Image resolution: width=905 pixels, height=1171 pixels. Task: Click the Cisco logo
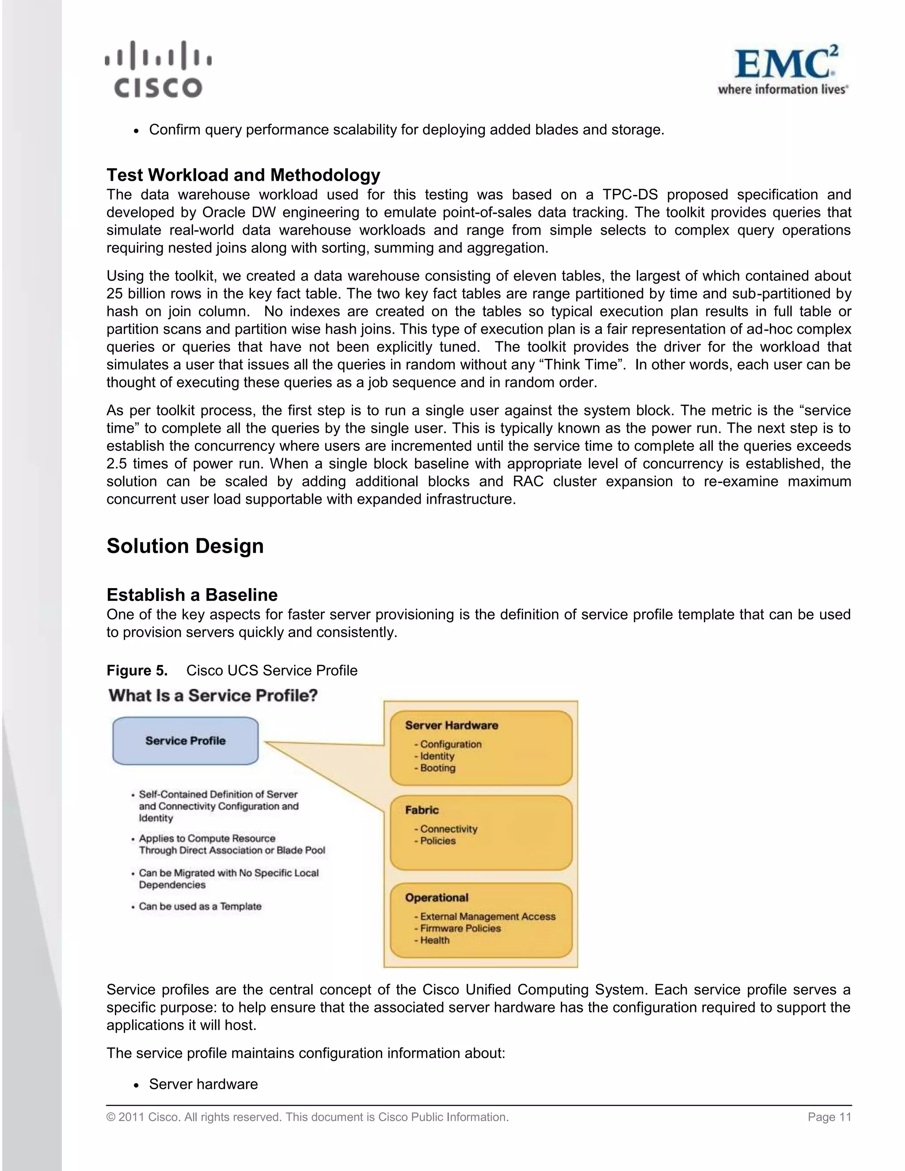coord(158,70)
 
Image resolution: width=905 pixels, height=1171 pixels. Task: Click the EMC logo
coord(783,70)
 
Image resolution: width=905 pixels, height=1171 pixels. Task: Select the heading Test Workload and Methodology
coord(243,175)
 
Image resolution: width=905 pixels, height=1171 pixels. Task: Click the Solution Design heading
coord(185,546)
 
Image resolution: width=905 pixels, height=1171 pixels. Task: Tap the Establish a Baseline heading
coord(192,595)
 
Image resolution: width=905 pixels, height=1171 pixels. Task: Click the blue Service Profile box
coord(186,741)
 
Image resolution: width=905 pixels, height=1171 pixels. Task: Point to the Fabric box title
coord(422,810)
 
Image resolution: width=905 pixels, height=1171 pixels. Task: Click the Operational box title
coord(437,897)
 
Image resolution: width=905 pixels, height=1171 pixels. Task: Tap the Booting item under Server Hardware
coord(437,768)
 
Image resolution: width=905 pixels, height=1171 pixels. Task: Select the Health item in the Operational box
coord(434,940)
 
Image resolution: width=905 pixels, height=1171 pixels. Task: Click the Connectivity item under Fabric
coord(448,829)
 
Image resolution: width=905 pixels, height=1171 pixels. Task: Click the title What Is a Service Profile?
coord(213,696)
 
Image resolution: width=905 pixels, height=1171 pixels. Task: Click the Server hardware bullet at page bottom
coord(203,1084)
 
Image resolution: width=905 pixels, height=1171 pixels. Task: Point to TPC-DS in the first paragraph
coord(629,194)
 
